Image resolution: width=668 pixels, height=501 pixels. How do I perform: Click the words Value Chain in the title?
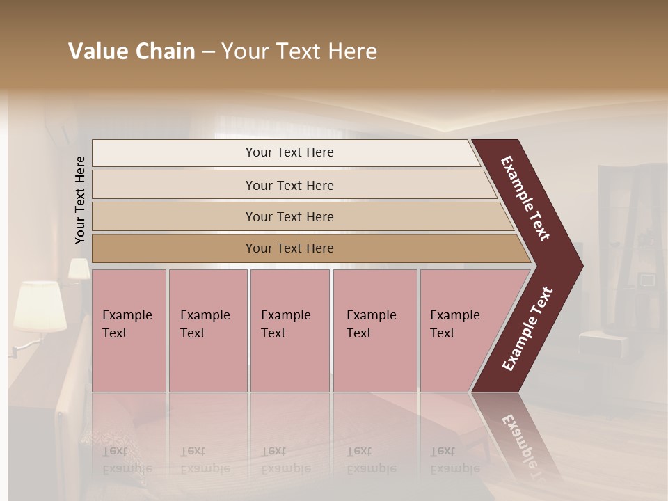pyautogui.click(x=132, y=51)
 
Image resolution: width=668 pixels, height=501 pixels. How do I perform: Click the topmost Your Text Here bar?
pyautogui.click(x=289, y=152)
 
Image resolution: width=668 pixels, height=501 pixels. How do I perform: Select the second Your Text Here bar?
pyautogui.click(x=289, y=185)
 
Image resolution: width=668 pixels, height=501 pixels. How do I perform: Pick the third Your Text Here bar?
pyautogui.click(x=289, y=216)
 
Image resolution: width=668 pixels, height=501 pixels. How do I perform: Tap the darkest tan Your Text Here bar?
pyautogui.click(x=289, y=248)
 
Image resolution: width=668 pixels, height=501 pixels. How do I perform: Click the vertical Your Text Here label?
pyautogui.click(x=80, y=200)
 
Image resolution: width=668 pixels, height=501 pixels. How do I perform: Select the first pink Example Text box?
pyautogui.click(x=129, y=331)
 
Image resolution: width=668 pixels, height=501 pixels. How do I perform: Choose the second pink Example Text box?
pyautogui.click(x=207, y=331)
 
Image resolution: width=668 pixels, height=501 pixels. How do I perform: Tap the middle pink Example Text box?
pyautogui.click(x=289, y=331)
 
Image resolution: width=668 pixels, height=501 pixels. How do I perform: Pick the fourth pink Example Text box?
pyautogui.click(x=375, y=331)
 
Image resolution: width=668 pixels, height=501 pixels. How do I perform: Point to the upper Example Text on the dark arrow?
pyautogui.click(x=526, y=198)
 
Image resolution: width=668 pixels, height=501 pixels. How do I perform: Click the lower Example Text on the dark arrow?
pyautogui.click(x=527, y=329)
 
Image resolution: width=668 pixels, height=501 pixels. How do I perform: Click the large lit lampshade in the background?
pyautogui.click(x=40, y=305)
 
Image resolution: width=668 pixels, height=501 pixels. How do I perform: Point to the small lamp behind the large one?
pyautogui.click(x=79, y=269)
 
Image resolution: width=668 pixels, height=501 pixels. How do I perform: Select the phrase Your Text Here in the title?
pyautogui.click(x=299, y=51)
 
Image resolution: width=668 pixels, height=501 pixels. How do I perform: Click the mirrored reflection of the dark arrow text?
pyautogui.click(x=523, y=445)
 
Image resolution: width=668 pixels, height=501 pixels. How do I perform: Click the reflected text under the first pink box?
pyautogui.click(x=127, y=460)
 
